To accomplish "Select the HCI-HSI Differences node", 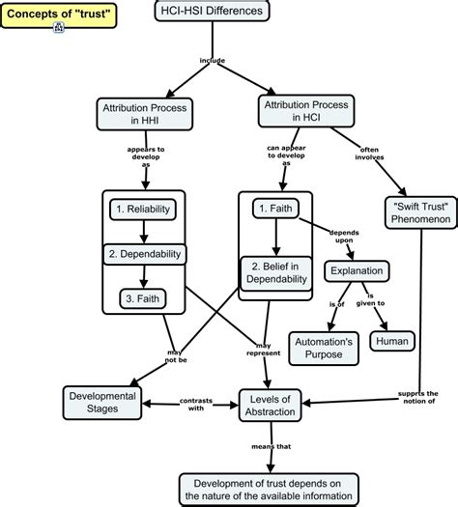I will (211, 12).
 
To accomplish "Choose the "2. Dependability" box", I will (143, 253).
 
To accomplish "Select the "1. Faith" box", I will (276, 208).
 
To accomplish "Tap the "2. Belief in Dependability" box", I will (277, 271).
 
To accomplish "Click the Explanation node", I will (358, 270).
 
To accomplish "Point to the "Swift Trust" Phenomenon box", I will (414, 213).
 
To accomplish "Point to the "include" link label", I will (211, 61).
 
